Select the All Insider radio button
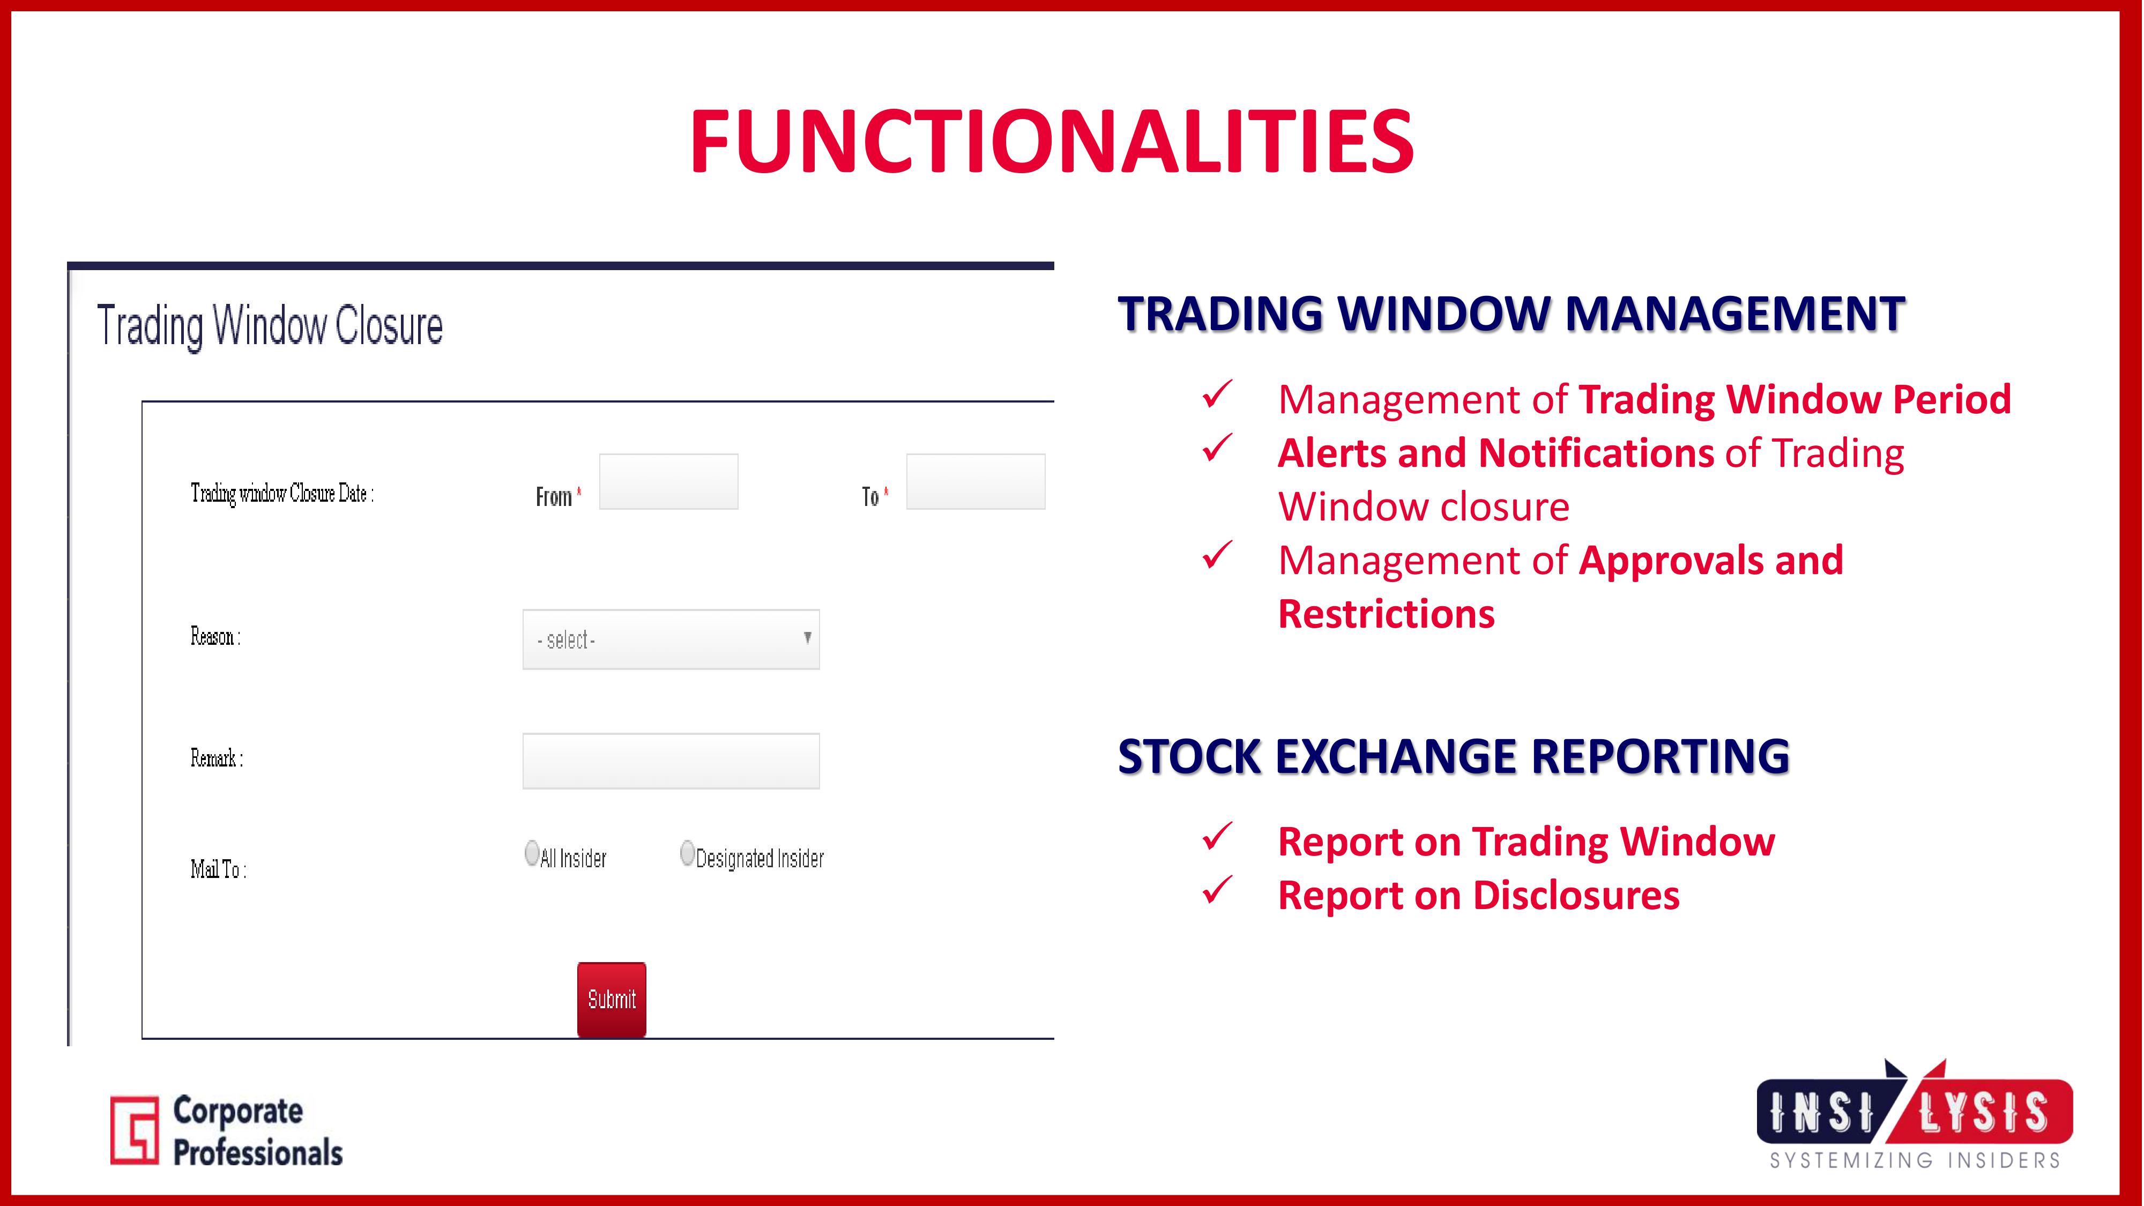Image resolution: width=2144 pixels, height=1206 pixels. [532, 853]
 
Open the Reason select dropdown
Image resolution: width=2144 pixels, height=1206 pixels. [671, 639]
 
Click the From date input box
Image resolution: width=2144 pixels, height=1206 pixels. [668, 481]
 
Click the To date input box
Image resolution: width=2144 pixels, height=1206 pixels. [976, 481]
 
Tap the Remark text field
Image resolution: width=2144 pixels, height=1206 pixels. [671, 761]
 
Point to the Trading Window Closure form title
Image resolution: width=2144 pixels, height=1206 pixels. [270, 325]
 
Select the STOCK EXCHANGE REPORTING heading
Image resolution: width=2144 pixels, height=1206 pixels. [1453, 756]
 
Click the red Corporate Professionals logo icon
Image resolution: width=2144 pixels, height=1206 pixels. [134, 1129]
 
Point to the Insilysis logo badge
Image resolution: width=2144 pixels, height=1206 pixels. [1914, 1102]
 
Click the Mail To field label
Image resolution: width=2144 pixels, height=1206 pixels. [218, 869]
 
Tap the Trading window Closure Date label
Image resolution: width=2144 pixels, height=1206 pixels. [282, 494]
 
